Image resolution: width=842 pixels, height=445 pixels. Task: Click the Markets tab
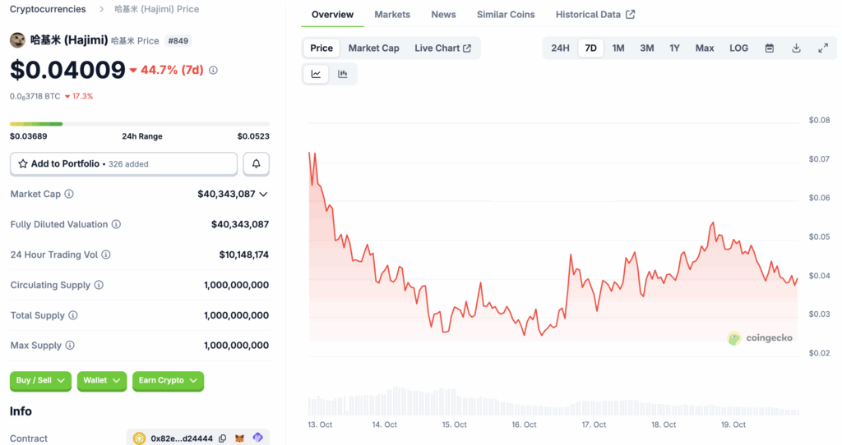[x=392, y=15]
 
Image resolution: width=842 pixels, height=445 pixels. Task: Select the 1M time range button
[x=618, y=48]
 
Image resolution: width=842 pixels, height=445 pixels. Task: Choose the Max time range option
[x=705, y=48]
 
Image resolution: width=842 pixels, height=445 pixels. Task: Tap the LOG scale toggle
[x=738, y=48]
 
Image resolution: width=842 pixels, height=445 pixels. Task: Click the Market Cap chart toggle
[x=374, y=48]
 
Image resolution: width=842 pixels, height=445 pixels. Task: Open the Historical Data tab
[x=595, y=15]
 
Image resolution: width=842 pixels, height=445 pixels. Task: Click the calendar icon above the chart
[x=770, y=48]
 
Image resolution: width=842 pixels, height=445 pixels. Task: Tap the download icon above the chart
[x=796, y=48]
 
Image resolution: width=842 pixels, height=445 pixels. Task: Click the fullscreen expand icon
[x=822, y=48]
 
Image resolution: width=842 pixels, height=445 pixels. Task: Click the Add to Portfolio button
[x=123, y=164]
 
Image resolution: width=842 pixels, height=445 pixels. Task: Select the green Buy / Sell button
[x=40, y=381]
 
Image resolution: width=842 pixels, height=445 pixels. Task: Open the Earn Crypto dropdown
[x=168, y=381]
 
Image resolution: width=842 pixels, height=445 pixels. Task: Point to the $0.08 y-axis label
[x=819, y=120]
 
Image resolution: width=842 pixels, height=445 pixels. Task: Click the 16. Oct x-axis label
[x=524, y=424]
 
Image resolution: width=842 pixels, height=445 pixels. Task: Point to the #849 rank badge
[x=178, y=41]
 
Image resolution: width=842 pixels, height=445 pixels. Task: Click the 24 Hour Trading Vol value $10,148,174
[x=243, y=255]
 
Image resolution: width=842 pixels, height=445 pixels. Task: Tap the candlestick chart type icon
[x=343, y=74]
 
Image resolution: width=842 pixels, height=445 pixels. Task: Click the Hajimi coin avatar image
[x=17, y=40]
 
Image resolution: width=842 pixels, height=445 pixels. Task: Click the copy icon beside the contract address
[x=222, y=438]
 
